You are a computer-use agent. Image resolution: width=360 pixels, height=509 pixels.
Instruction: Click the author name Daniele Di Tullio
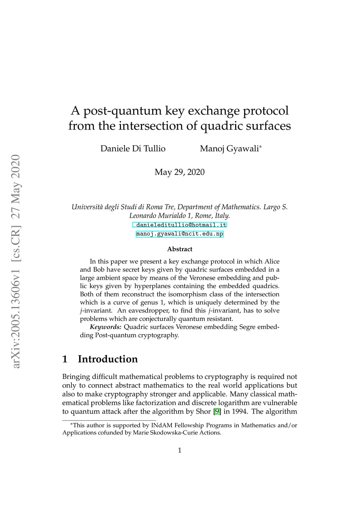(133, 149)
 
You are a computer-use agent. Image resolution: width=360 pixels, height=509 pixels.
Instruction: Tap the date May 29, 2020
(179, 172)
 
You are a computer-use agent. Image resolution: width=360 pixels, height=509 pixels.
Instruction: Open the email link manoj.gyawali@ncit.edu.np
(180, 234)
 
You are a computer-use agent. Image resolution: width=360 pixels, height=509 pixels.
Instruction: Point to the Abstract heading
(180, 249)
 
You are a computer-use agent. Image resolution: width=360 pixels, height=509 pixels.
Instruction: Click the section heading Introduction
(108, 359)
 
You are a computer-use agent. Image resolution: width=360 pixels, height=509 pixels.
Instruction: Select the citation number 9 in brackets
(217, 411)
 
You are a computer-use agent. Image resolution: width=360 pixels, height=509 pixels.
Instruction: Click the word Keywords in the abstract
(105, 327)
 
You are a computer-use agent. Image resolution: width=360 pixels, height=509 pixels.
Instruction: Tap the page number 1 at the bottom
(180, 450)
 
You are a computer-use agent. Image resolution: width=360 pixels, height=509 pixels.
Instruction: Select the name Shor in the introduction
(203, 411)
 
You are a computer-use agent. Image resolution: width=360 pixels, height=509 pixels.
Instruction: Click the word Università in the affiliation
(86, 207)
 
